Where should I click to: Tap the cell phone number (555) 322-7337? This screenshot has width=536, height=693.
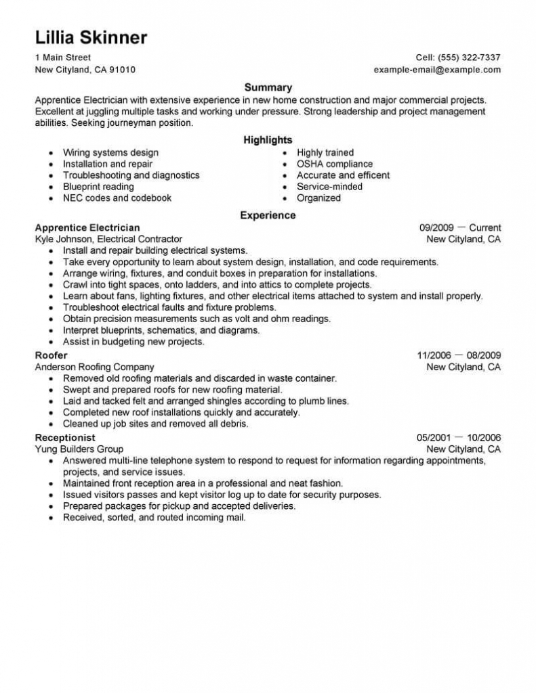[x=469, y=58]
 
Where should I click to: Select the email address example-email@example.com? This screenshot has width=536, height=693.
[x=437, y=70]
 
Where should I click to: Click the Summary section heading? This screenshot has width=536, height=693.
[x=268, y=87]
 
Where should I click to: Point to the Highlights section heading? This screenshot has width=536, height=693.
[x=268, y=140]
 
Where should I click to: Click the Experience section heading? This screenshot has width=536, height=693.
[x=268, y=215]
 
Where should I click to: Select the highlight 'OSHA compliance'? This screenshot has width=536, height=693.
[x=335, y=164]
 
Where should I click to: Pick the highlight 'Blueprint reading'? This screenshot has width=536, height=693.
[x=98, y=187]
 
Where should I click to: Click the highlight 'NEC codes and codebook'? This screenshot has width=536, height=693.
[x=117, y=198]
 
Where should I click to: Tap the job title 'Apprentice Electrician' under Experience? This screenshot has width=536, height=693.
[x=87, y=227]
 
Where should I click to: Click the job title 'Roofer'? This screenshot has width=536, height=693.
[x=51, y=355]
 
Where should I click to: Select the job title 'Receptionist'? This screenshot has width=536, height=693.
[x=65, y=438]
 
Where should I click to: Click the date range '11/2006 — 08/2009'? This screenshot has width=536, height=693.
[x=459, y=355]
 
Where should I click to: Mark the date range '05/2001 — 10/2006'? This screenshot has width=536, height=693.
[x=459, y=438]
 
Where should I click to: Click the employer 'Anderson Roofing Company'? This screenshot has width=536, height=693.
[x=94, y=367]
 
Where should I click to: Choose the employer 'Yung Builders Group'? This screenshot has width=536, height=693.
[x=79, y=449]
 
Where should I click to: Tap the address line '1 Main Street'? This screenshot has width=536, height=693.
[x=63, y=58]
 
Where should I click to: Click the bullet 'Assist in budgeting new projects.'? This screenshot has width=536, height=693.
[x=133, y=342]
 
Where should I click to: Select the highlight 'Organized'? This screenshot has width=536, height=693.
[x=318, y=198]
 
